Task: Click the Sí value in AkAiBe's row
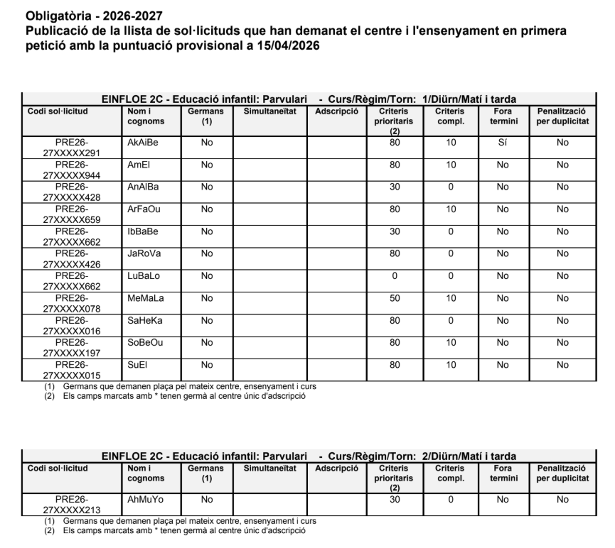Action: click(503, 143)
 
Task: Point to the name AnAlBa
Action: click(143, 187)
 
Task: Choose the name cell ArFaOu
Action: click(144, 209)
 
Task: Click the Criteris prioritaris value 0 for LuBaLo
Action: click(395, 275)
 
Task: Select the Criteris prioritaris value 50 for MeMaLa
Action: click(395, 297)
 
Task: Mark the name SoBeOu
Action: click(144, 342)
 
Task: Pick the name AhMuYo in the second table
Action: click(145, 499)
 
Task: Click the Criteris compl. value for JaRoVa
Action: click(450, 253)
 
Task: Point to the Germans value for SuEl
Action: click(207, 364)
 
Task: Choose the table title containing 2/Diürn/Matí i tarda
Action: click(309, 456)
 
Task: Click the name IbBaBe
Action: click(143, 231)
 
